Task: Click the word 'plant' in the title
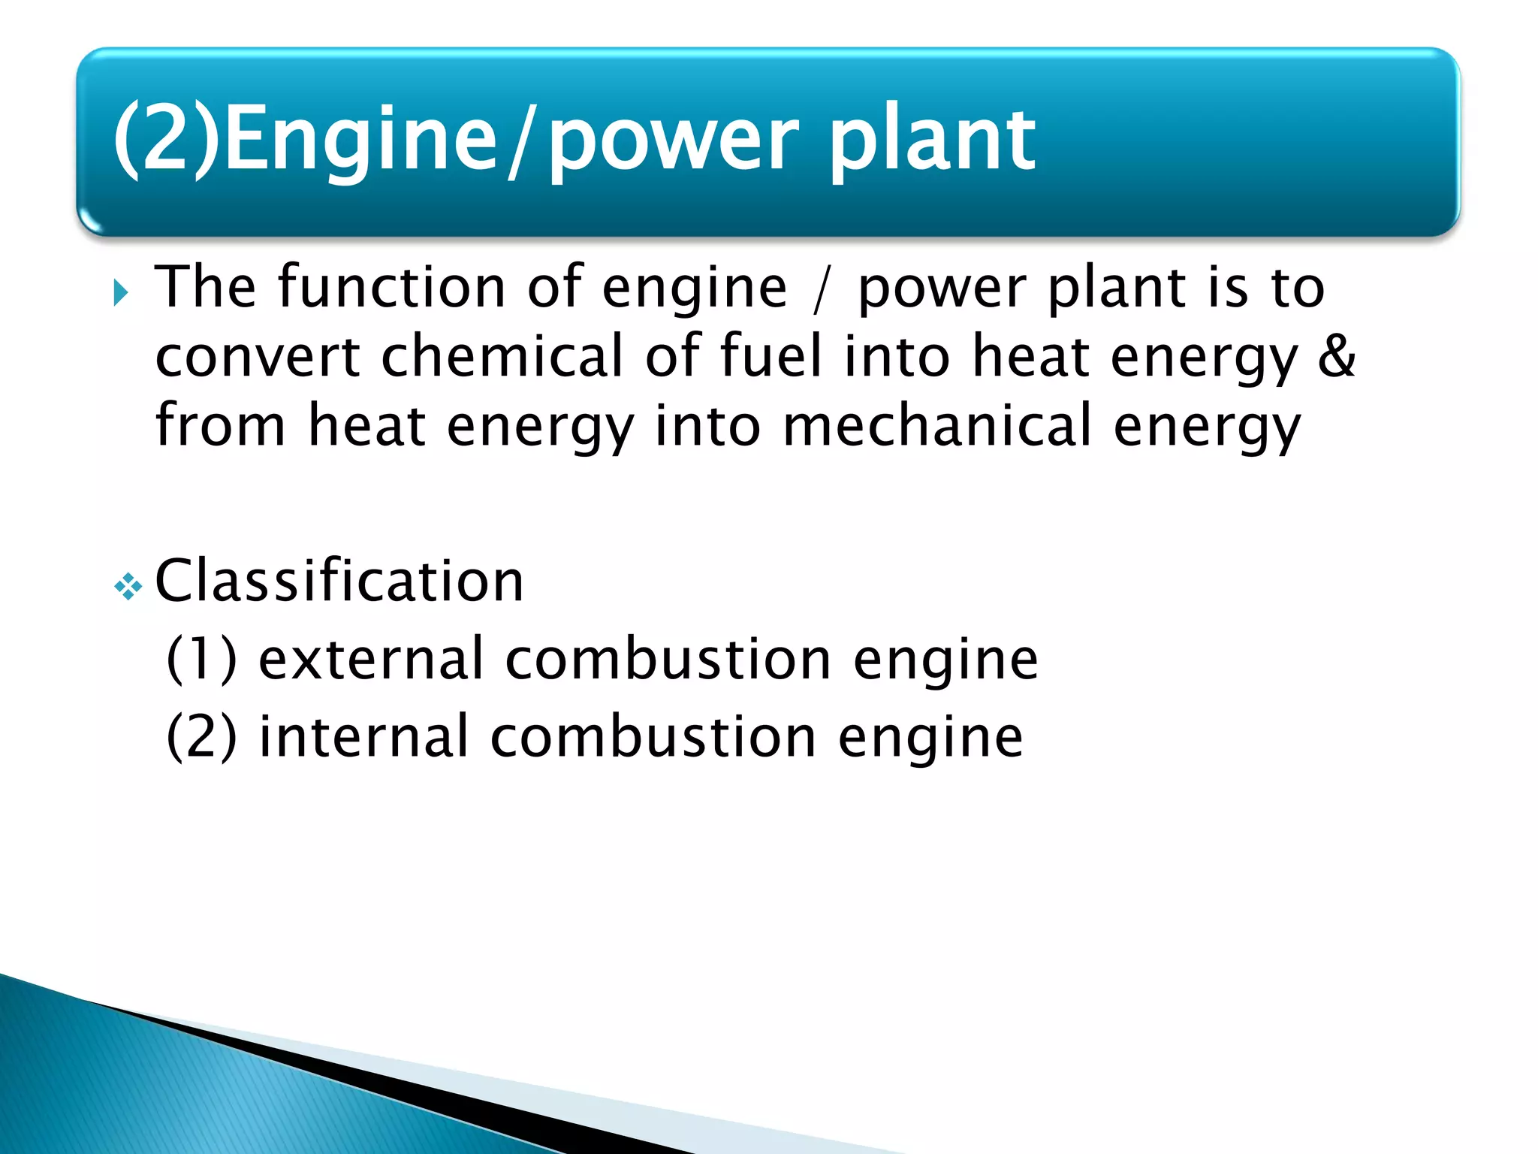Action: [931, 140]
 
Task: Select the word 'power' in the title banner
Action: [673, 143]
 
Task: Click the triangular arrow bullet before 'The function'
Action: [121, 292]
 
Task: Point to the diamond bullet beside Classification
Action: [128, 586]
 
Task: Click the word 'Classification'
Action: [339, 582]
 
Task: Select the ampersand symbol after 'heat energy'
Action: [1337, 356]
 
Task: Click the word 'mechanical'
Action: [936, 426]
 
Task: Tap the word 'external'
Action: [371, 659]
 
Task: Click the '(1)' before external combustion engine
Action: [201, 659]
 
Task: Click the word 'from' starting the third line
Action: [220, 426]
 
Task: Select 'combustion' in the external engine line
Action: [668, 659]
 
